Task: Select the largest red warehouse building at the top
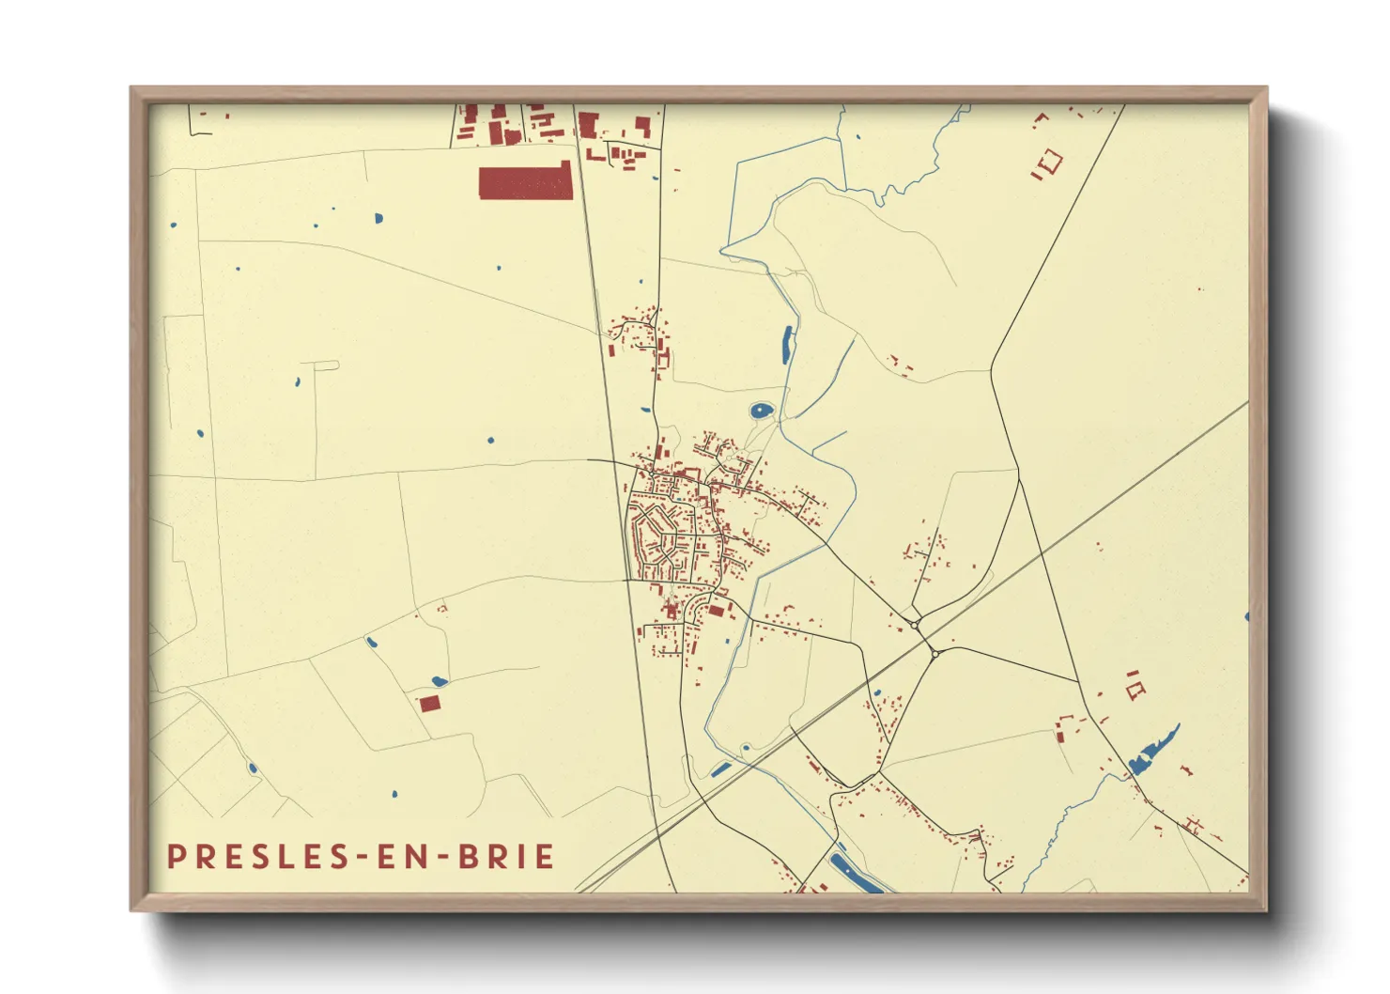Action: point(525,181)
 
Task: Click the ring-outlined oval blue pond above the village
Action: point(761,411)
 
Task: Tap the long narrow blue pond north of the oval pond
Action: point(786,344)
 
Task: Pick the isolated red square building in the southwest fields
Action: point(429,703)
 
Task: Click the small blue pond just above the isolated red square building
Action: point(438,681)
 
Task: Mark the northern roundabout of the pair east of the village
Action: point(915,624)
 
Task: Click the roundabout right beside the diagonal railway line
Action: point(934,654)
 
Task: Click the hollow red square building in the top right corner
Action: point(1049,161)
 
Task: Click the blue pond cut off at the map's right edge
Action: point(1246,617)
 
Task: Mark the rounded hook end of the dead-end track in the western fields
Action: point(335,365)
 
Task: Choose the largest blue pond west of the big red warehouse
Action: point(378,219)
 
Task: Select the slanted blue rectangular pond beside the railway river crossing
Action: point(721,770)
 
